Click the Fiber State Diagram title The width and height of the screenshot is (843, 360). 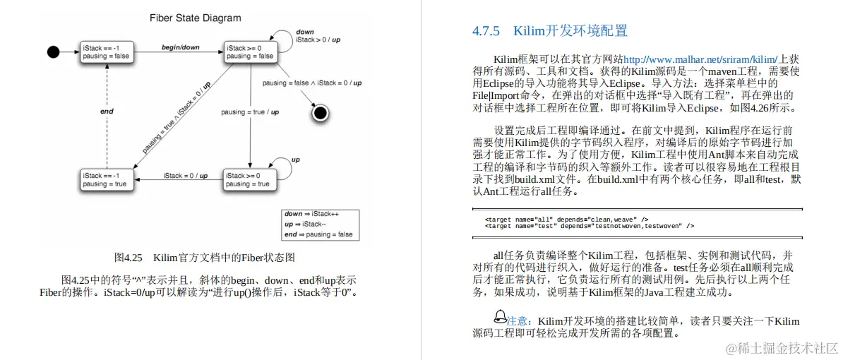[x=196, y=18]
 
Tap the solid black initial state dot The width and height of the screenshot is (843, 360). [x=53, y=52]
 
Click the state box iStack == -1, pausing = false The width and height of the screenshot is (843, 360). [x=105, y=52]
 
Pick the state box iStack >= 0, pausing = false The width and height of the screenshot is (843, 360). [x=250, y=52]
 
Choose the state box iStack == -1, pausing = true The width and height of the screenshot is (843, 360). [x=105, y=179]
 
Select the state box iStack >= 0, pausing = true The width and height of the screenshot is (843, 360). [x=247, y=179]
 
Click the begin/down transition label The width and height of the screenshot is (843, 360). [x=181, y=47]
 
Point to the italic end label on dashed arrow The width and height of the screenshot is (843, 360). [x=107, y=111]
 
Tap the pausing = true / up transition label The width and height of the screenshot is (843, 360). [x=249, y=112]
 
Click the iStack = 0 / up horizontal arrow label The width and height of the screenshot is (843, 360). [x=185, y=175]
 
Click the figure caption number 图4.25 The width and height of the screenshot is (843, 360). [x=128, y=257]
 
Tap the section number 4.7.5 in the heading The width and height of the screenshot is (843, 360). [x=486, y=31]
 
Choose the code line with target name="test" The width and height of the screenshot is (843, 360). [x=589, y=226]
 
